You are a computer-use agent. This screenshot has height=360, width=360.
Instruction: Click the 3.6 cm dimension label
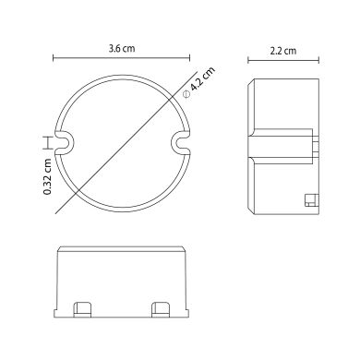pos(122,49)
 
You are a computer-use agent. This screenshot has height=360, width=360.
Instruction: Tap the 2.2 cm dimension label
pos(283,51)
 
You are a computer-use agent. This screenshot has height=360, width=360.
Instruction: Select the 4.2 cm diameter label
pos(202,78)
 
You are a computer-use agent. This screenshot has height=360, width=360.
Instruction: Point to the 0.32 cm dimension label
pos(47,176)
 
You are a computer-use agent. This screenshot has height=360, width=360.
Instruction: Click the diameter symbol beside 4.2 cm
pos(186,94)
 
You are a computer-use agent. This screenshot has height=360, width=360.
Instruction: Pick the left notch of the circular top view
pos(66,142)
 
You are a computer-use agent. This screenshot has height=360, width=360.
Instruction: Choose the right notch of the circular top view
pos(181,142)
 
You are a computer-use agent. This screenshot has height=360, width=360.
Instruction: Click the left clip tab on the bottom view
pos(83,309)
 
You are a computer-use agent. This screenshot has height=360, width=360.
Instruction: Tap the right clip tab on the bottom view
pos(162,309)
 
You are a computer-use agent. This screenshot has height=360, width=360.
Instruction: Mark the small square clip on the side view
pos(311,200)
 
